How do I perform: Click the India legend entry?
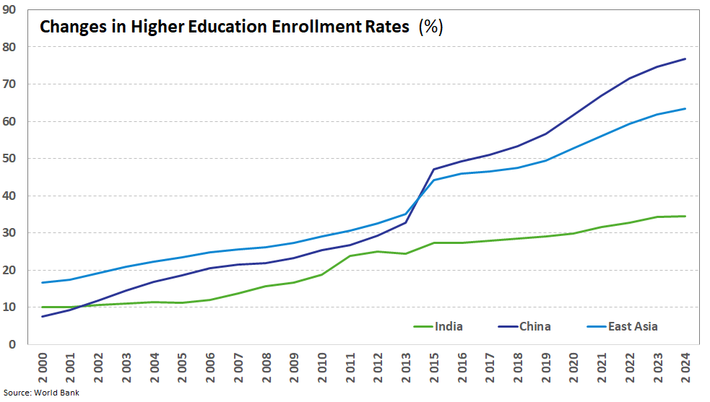(438, 326)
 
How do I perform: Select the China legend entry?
(524, 326)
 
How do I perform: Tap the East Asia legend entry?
(622, 326)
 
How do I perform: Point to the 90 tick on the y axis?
(9, 9)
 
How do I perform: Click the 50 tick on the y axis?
(9, 159)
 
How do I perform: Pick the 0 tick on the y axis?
(12, 344)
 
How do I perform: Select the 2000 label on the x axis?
(43, 367)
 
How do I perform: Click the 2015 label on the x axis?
(434, 367)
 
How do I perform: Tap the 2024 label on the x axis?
(685, 367)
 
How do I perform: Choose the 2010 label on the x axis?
(322, 367)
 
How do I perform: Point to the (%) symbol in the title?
(430, 27)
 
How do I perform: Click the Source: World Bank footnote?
(41, 393)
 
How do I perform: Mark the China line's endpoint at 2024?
(685, 59)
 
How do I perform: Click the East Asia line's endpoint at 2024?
(685, 109)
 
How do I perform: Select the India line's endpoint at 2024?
(685, 216)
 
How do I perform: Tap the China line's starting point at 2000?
(43, 316)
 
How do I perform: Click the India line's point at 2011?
(350, 255)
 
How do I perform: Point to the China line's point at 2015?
(434, 170)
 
